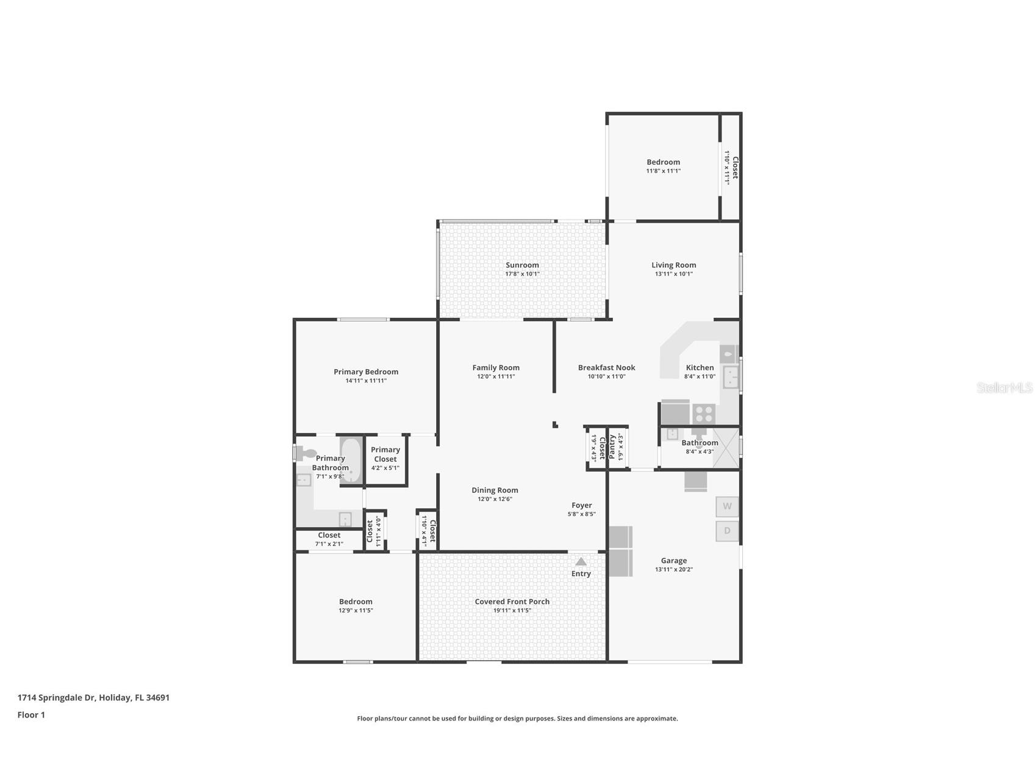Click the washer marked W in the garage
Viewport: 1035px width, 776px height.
pos(727,506)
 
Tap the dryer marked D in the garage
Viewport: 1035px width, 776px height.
pos(727,531)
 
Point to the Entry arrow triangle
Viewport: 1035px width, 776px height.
pos(581,561)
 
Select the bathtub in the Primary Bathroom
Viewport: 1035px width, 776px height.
pos(351,461)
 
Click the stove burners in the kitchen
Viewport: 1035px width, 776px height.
pos(704,414)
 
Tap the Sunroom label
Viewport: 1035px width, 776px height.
pos(522,265)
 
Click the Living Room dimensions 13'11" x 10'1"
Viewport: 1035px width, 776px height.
pos(673,274)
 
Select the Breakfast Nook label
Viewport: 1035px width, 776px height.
pos(606,367)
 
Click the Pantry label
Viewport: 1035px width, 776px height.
pos(612,446)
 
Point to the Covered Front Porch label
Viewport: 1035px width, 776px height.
pos(512,602)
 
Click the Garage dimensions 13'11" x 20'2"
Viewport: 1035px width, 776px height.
pos(673,570)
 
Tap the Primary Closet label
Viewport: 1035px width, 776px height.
pos(385,454)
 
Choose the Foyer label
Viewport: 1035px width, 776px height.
pos(581,505)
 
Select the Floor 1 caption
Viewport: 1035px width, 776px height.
pos(31,715)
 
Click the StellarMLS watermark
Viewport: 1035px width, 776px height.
pos(1004,387)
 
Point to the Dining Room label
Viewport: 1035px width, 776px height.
pos(495,490)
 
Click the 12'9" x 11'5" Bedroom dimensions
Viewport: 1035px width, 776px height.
pos(356,611)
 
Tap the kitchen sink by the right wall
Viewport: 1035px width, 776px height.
pos(730,377)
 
